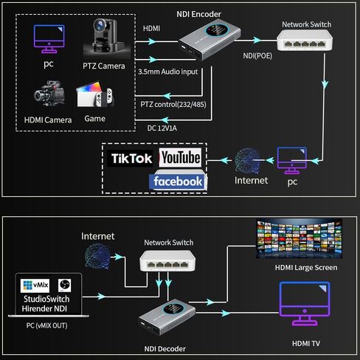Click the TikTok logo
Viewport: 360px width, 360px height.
(x=131, y=158)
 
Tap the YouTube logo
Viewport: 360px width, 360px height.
(x=180, y=158)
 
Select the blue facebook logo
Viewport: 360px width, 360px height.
(x=178, y=181)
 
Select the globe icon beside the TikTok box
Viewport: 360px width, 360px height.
(x=247, y=161)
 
